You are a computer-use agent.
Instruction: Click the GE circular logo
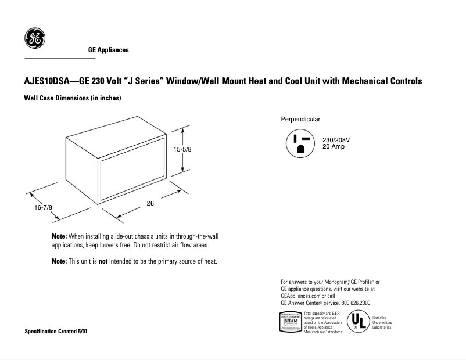(35, 38)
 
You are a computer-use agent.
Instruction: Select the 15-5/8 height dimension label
(182, 149)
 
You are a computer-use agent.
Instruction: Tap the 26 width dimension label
(150, 203)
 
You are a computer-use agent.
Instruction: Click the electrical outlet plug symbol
(300, 143)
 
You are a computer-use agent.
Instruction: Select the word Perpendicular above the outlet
(300, 119)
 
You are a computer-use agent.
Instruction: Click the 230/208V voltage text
(336, 141)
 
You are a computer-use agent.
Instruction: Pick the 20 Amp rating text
(334, 147)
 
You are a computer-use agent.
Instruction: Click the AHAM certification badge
(291, 322)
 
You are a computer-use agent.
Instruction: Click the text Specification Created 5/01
(57, 331)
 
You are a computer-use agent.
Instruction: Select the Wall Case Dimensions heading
(72, 98)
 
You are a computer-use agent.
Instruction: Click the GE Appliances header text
(108, 50)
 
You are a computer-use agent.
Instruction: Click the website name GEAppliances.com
(301, 296)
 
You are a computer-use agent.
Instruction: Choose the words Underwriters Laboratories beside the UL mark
(382, 325)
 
